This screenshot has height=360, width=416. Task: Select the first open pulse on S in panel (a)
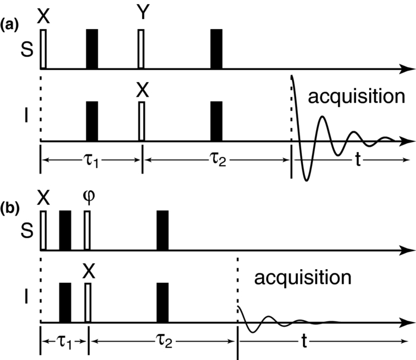[43, 48]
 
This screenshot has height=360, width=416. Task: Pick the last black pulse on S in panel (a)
[216, 48]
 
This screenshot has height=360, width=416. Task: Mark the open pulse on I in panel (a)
[141, 121]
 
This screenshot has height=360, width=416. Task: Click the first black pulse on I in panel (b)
[65, 302]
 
